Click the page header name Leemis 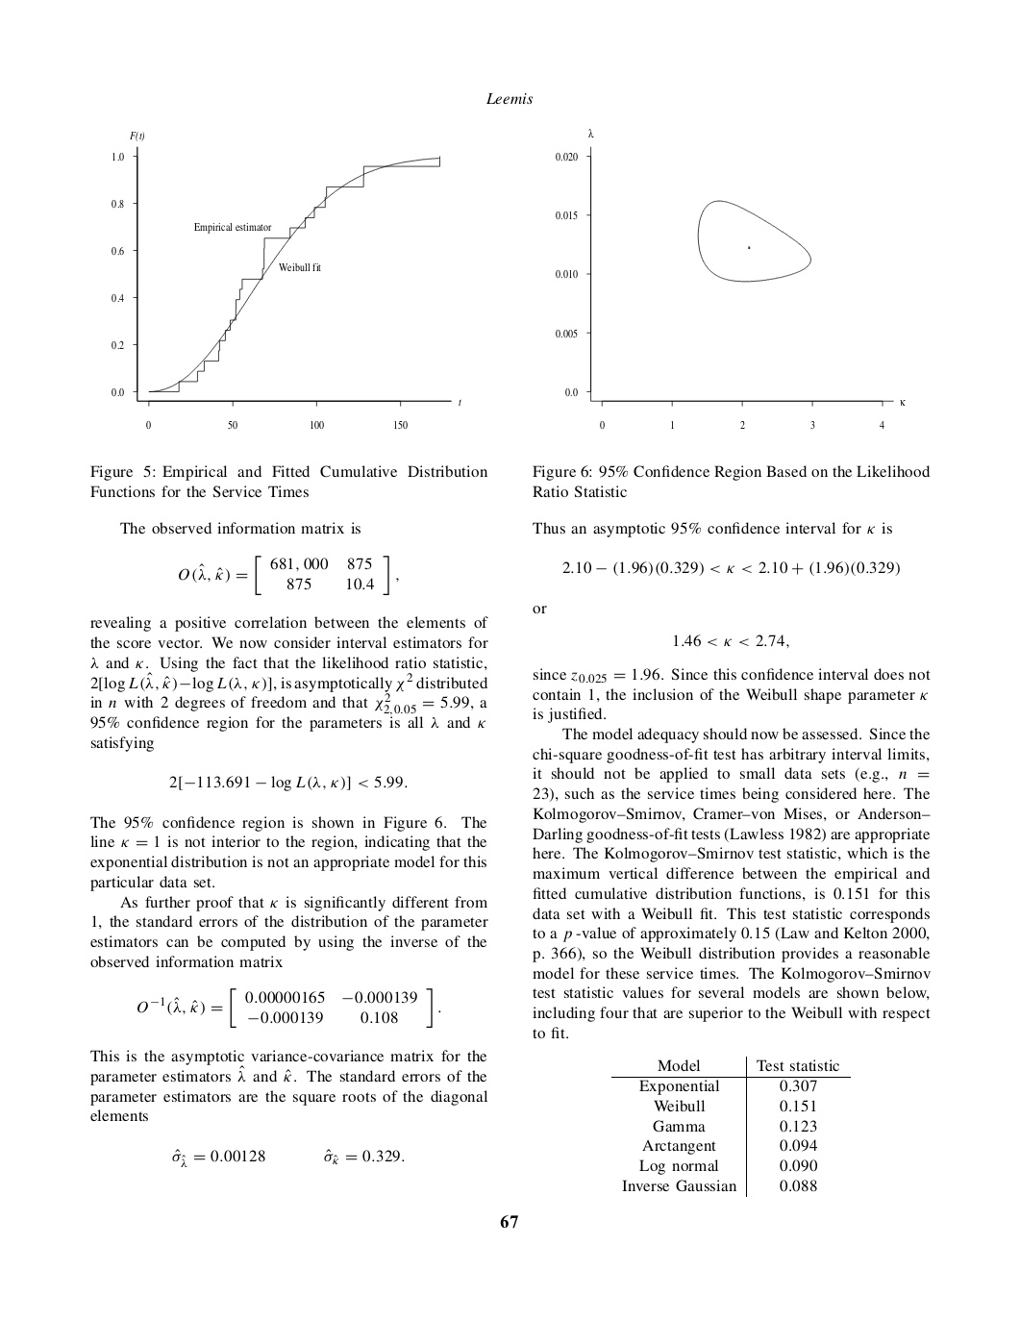[x=510, y=99]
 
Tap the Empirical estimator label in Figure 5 [x=233, y=228]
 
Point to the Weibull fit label [x=300, y=267]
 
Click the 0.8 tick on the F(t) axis [x=117, y=204]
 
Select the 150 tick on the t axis [x=401, y=425]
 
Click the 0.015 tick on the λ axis [x=566, y=215]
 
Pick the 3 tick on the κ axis [x=812, y=425]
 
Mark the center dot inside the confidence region [x=749, y=248]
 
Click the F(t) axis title [x=137, y=136]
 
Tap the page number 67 [x=510, y=1222]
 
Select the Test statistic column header [x=798, y=1065]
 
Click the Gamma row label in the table [x=679, y=1126]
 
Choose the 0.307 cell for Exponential [x=798, y=1086]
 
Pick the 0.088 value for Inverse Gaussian [x=798, y=1185]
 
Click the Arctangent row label [x=679, y=1146]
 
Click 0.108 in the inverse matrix [x=379, y=1017]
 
